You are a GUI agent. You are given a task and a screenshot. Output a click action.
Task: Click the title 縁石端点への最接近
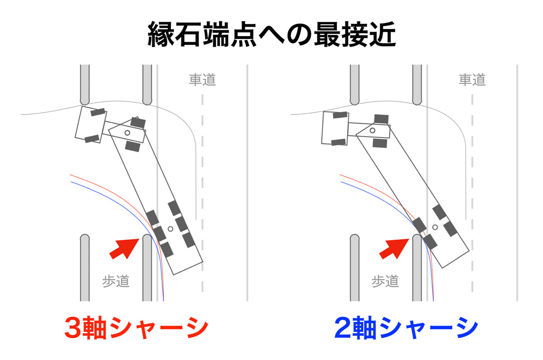pos(271,35)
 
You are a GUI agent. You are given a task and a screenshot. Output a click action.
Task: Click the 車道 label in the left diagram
pos(202,80)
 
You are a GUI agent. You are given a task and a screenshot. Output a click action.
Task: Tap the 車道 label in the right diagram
pos(472,80)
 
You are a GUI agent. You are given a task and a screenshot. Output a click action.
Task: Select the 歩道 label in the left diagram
pos(116,281)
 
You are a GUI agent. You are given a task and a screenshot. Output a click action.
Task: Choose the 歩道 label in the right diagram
pos(385,281)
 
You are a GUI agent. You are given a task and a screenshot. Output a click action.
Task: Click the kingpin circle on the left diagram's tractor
pos(128,132)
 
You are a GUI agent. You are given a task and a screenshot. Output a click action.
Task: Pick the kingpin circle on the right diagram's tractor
pos(372,130)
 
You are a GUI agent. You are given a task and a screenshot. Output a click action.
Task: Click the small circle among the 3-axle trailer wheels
pos(171,229)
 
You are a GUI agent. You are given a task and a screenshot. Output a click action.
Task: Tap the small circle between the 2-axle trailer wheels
pos(435,226)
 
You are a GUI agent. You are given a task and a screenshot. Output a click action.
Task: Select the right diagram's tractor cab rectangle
pos(335,128)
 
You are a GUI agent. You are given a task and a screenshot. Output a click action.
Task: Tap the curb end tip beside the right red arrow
pos(417,236)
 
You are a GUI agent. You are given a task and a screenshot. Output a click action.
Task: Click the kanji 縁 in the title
pos(162,35)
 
